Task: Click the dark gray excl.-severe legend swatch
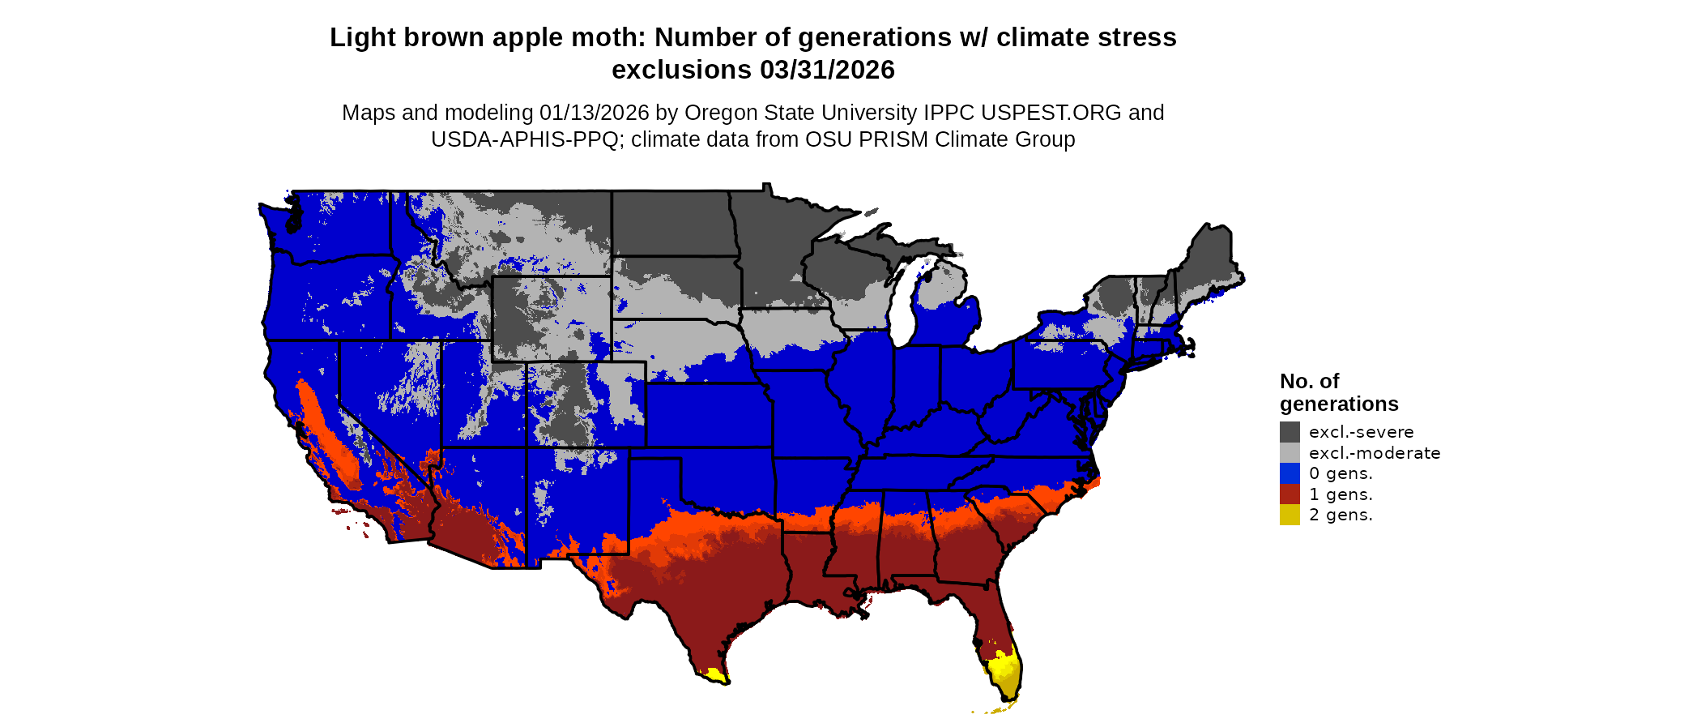1290,432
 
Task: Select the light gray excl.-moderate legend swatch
1290,453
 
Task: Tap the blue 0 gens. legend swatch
1290,473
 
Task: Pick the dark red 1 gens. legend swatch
1290,494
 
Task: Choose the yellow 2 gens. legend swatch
1290,515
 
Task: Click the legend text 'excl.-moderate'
1375,453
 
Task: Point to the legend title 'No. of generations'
1338,392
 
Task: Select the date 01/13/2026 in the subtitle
595,113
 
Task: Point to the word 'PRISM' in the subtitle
893,139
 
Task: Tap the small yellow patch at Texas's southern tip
715,674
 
